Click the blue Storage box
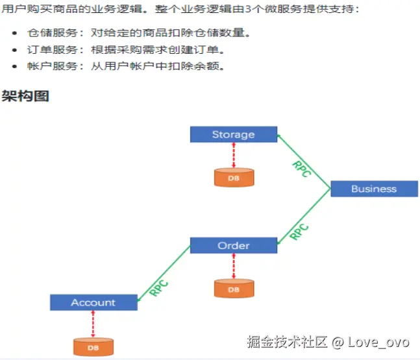(233, 134)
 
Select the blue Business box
(373, 189)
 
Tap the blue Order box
(233, 245)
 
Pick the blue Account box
(93, 302)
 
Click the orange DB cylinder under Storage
(233, 177)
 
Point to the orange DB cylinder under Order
(233, 289)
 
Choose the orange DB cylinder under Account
(93, 347)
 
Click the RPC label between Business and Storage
(302, 169)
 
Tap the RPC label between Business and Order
(299, 232)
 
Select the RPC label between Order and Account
(159, 287)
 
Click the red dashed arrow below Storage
(233, 155)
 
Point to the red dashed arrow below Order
(233, 266)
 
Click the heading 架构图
(26, 96)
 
